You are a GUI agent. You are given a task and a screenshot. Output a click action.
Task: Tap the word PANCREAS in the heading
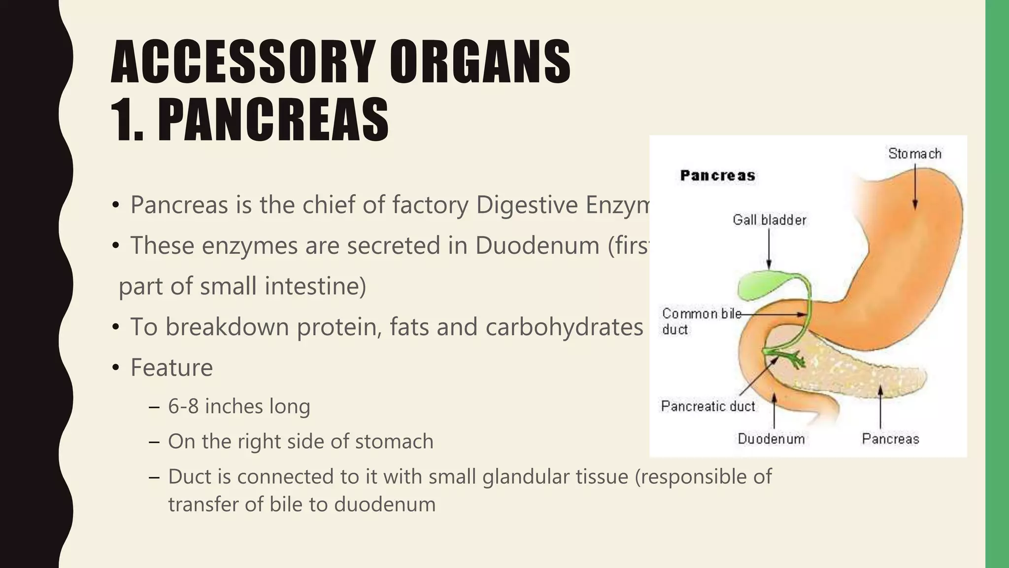(273, 119)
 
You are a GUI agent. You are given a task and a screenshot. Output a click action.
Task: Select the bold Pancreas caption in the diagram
(717, 176)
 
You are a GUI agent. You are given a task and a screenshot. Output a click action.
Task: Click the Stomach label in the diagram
(914, 154)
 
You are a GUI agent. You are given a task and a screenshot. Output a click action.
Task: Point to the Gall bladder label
(769, 220)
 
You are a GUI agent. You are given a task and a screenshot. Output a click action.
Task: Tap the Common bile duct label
(701, 321)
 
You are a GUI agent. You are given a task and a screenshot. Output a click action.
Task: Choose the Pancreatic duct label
(707, 406)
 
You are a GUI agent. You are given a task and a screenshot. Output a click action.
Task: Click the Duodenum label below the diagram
(771, 439)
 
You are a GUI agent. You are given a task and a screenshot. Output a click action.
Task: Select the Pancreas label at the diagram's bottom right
(890, 439)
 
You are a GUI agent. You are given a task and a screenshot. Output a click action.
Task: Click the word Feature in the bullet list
(171, 368)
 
